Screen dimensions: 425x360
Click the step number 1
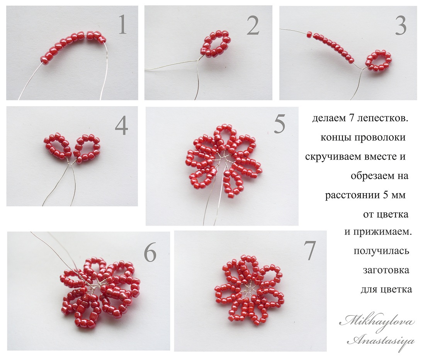pyautogui.click(x=122, y=25)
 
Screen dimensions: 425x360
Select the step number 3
pyautogui.click(x=401, y=25)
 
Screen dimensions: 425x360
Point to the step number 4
pyautogui.click(x=121, y=126)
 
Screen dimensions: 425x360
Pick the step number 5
pyautogui.click(x=279, y=124)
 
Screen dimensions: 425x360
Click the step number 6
pyautogui.click(x=150, y=252)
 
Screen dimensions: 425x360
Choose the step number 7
pyautogui.click(x=309, y=251)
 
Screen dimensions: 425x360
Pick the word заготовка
pyautogui.click(x=386, y=270)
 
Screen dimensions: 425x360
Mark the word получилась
pyautogui.click(x=381, y=251)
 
